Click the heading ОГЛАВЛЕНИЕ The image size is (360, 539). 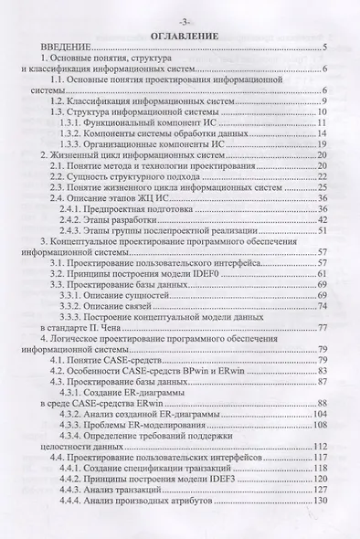[179, 35]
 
